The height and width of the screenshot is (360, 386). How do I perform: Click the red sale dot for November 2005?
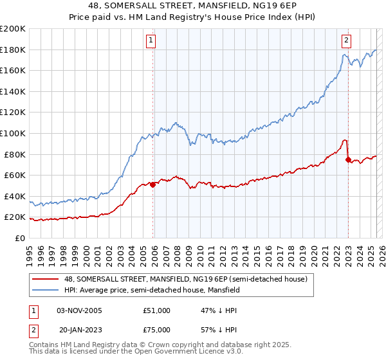coord(153,184)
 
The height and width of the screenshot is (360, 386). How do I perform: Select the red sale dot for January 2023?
coord(348,159)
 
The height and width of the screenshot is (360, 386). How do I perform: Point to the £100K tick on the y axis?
coord(13,133)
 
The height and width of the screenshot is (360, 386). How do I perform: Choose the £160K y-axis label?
coord(13,70)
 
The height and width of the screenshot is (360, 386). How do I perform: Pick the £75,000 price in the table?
coord(156,329)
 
